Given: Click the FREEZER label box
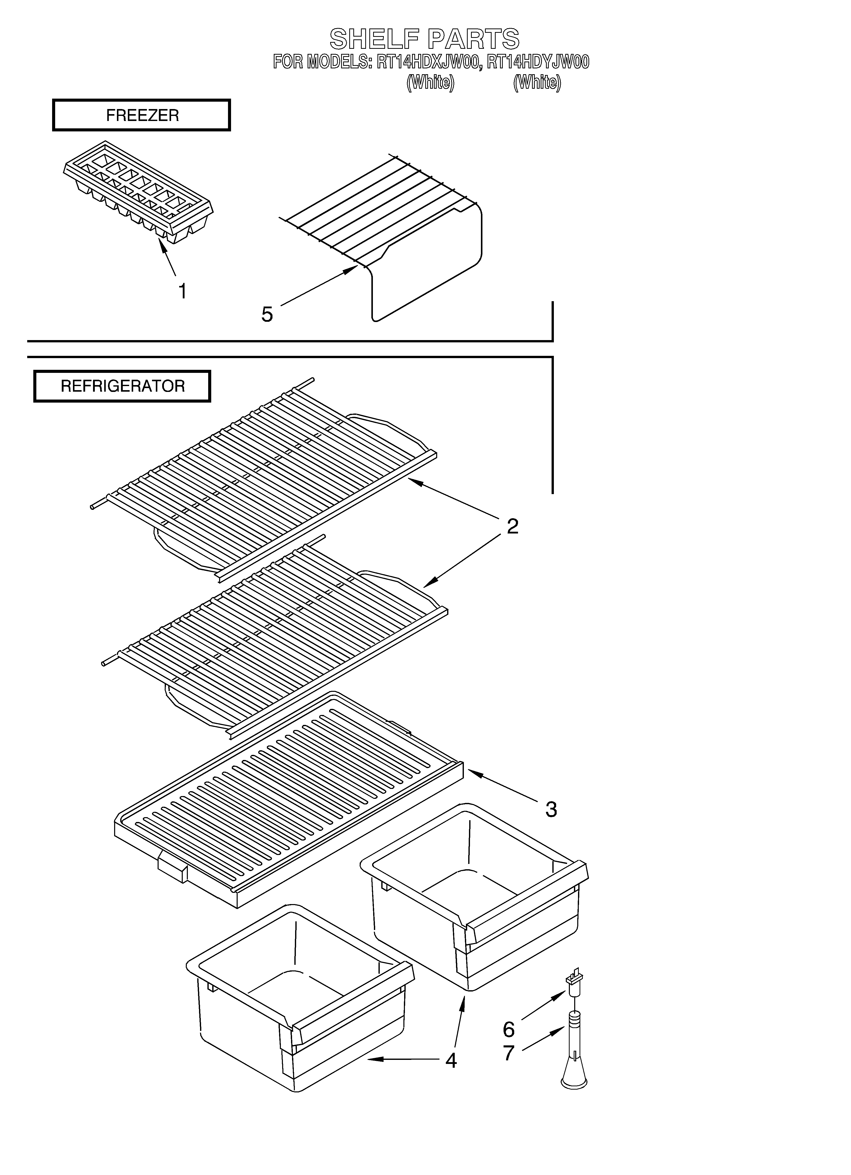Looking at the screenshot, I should coord(142,115).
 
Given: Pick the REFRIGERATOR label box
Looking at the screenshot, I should coord(122,386).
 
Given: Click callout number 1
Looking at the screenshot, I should coord(183,291).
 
